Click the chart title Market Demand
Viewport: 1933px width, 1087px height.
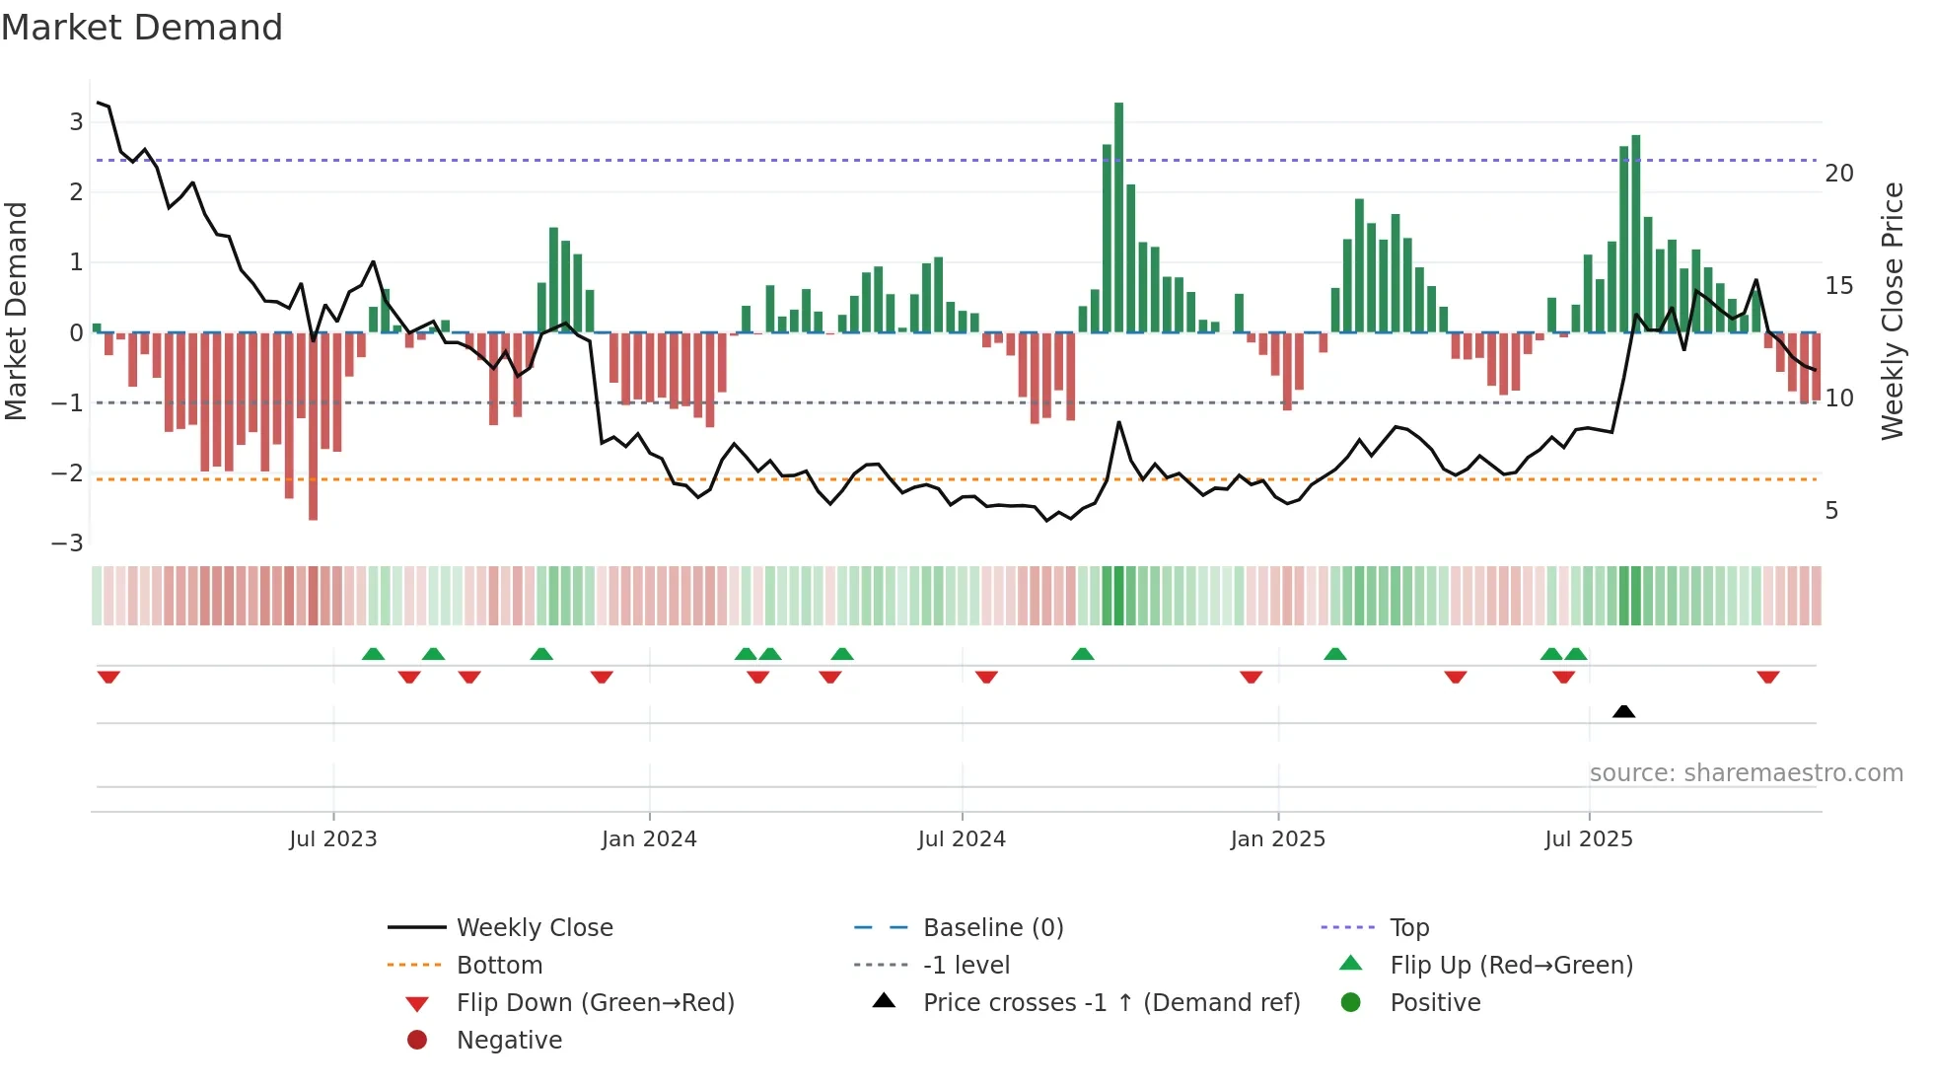point(142,28)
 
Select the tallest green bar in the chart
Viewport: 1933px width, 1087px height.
point(1118,217)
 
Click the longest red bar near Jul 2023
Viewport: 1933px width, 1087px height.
point(313,426)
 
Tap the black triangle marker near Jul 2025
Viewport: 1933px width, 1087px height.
point(1623,711)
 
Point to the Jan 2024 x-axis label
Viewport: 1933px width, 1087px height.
point(649,839)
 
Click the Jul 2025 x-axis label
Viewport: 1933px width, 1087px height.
point(1588,839)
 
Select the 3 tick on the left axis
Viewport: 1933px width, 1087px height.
point(76,122)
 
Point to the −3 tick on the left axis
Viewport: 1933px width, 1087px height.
point(68,543)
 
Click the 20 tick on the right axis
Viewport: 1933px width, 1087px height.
point(1838,174)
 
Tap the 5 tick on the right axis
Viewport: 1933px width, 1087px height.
point(1831,511)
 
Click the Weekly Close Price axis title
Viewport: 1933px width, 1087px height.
point(1892,311)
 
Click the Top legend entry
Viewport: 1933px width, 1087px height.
point(1408,928)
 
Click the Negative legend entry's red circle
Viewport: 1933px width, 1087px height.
point(417,1041)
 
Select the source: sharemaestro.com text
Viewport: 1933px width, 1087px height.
point(1746,773)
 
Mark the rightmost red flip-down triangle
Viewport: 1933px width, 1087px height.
point(1767,678)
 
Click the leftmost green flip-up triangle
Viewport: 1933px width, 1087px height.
point(373,654)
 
